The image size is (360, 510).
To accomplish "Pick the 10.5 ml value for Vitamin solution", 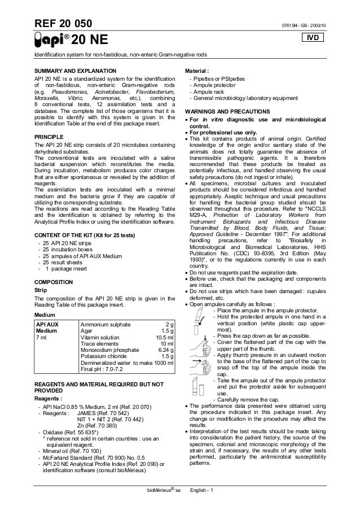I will [x=165, y=338].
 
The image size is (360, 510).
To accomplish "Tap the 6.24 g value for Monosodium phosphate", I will [x=165, y=350].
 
